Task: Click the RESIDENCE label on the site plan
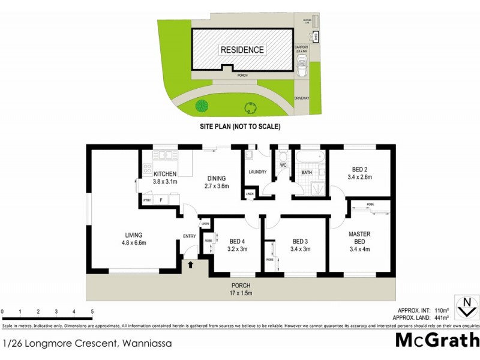pos(242,50)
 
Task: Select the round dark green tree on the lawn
pos(202,107)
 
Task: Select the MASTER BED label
pos(360,238)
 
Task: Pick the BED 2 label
pos(360,173)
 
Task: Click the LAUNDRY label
pos(257,173)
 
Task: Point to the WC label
pos(284,164)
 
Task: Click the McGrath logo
pos(437,340)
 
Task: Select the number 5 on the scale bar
pos(92,312)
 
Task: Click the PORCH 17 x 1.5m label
pos(241,289)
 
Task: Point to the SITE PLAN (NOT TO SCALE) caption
pos(240,127)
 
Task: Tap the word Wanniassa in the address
pos(148,344)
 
